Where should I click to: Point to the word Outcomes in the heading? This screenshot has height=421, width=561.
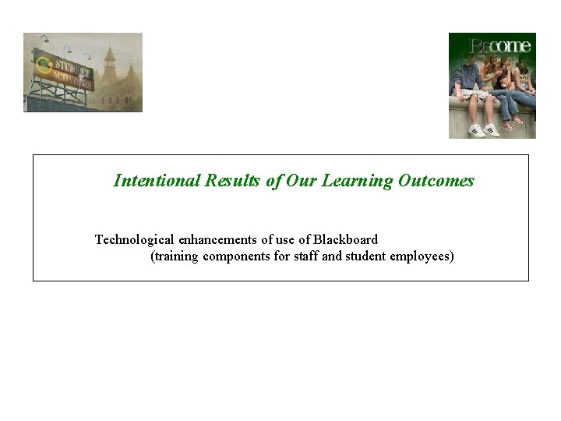tap(436, 181)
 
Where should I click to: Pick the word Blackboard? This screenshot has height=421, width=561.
tap(344, 239)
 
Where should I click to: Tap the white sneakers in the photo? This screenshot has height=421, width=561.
tap(484, 130)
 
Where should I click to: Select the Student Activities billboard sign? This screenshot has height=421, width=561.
tap(64, 70)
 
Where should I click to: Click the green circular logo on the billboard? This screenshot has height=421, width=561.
tap(44, 65)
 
